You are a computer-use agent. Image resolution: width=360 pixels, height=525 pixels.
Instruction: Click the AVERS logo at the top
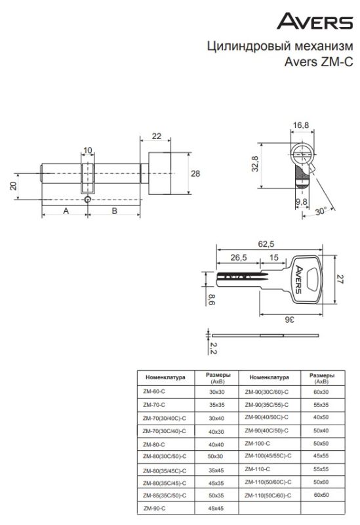(315, 21)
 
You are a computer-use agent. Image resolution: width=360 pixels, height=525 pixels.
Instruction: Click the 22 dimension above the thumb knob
(156, 136)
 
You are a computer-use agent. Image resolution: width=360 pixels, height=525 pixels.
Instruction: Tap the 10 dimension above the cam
(88, 150)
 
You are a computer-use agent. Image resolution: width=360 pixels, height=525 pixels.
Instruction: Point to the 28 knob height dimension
(195, 173)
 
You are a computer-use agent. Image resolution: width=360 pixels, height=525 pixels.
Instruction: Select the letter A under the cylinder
(66, 211)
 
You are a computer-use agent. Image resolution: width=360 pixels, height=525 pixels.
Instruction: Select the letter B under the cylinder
(114, 211)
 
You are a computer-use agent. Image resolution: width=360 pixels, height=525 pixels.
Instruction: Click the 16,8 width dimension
(301, 125)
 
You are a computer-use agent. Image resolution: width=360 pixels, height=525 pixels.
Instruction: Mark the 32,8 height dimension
(255, 164)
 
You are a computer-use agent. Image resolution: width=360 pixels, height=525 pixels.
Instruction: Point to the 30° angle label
(321, 211)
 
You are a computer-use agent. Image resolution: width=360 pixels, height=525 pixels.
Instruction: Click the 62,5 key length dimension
(266, 244)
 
